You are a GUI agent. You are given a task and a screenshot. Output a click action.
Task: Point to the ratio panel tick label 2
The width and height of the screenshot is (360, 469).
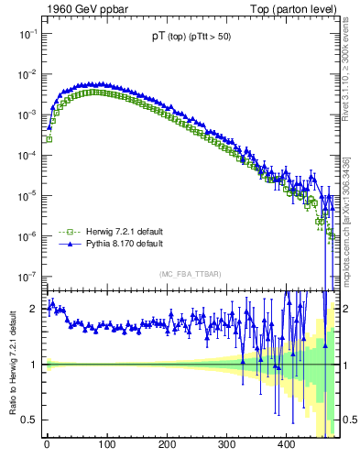34,308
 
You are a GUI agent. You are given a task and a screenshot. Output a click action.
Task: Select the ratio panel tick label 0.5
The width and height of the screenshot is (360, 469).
30,420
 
